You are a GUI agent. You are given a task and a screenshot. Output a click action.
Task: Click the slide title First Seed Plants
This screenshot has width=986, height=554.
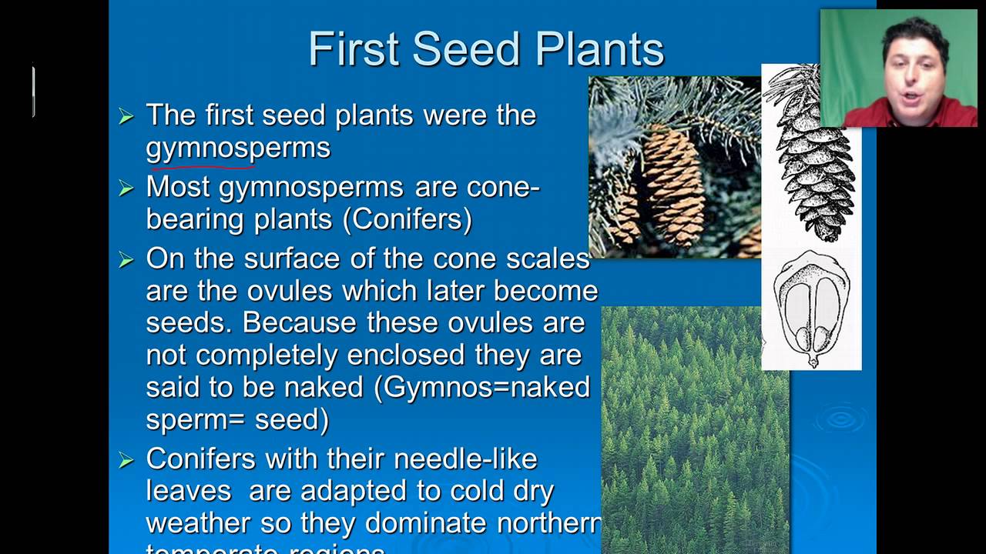(x=486, y=50)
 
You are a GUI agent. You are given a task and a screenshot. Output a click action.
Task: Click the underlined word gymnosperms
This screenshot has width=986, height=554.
(x=238, y=147)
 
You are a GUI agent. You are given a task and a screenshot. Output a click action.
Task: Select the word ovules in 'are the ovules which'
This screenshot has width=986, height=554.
(x=291, y=291)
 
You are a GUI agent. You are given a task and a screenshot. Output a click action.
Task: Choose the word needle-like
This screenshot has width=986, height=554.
(x=465, y=459)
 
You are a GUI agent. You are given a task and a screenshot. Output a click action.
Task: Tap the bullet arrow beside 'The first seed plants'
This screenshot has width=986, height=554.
(x=126, y=116)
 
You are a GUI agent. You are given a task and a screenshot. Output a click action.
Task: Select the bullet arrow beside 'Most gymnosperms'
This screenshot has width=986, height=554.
(x=126, y=188)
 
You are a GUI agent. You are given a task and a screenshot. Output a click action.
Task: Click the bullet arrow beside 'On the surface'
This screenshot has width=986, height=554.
(x=126, y=259)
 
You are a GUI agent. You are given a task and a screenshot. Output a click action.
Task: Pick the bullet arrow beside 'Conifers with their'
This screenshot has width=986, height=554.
(x=126, y=460)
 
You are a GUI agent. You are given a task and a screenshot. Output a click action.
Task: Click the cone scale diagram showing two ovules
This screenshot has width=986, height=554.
(x=811, y=308)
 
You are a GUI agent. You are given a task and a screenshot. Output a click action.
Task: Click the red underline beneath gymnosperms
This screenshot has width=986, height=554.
(x=202, y=164)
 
